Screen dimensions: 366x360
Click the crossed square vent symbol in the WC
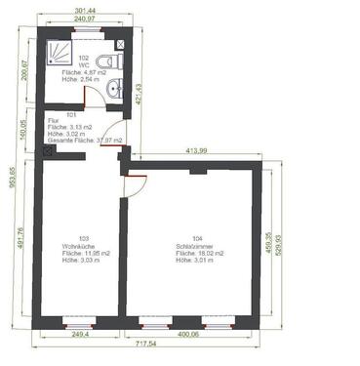point(120,45)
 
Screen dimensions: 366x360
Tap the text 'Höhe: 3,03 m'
point(78,260)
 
